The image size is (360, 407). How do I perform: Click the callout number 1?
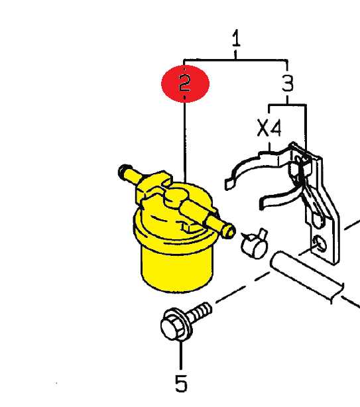236,38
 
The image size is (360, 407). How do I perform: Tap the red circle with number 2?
186,84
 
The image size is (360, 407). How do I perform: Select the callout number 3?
288,84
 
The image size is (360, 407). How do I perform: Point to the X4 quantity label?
269,128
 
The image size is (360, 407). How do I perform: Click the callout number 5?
181,383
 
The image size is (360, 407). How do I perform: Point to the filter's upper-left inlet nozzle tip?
123,171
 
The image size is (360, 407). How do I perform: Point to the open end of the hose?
276,261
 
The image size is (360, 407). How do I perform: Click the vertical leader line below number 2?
185,142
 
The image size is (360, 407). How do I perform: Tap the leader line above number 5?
181,355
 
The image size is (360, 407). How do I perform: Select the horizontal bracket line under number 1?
235,60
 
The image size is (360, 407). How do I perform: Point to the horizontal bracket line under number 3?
287,105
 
